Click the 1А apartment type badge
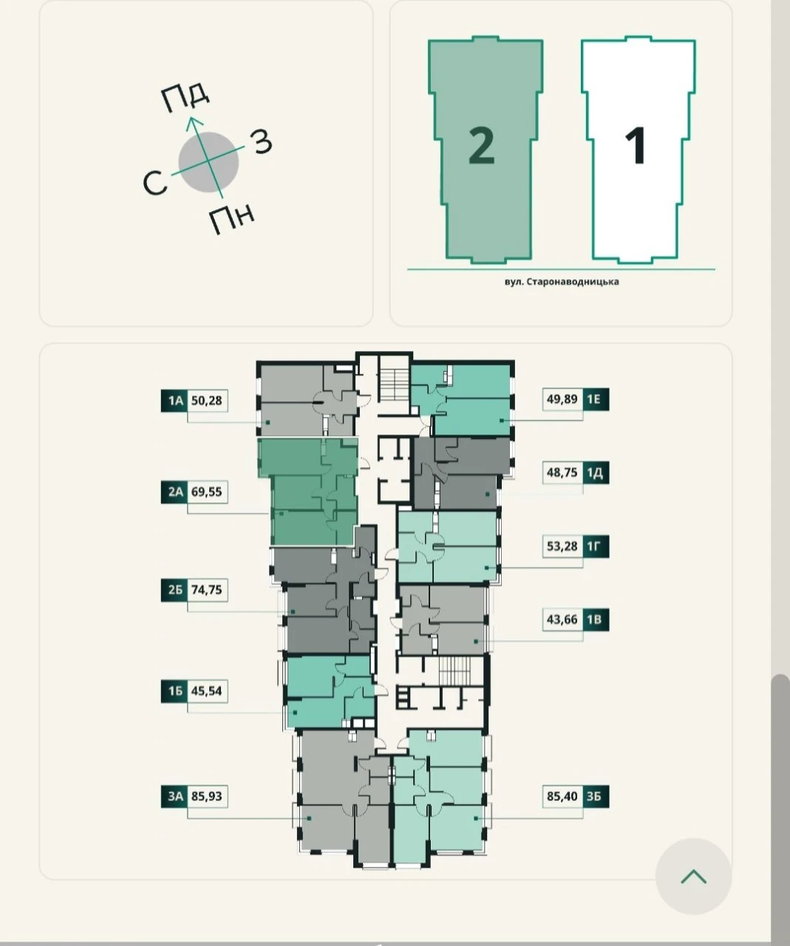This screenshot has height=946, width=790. pyautogui.click(x=174, y=401)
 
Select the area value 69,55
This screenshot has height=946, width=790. pyautogui.click(x=207, y=491)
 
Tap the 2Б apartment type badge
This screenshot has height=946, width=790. pyautogui.click(x=174, y=590)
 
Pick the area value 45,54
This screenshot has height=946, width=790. pyautogui.click(x=207, y=691)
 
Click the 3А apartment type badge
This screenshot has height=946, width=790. pyautogui.click(x=174, y=795)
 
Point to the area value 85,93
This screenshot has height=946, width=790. pyautogui.click(x=207, y=796)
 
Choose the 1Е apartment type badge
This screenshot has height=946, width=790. pyautogui.click(x=596, y=399)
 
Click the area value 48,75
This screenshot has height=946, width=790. pyautogui.click(x=562, y=472)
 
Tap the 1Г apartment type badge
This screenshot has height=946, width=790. pyautogui.click(x=596, y=546)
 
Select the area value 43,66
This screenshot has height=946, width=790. pyautogui.click(x=562, y=619)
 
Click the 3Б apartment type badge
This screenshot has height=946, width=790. pyautogui.click(x=596, y=796)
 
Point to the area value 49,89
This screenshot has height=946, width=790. pyautogui.click(x=562, y=399)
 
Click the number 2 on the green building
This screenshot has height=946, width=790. pyautogui.click(x=481, y=146)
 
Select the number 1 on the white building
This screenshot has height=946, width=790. pyautogui.click(x=636, y=146)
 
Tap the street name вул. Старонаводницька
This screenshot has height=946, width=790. pyautogui.click(x=562, y=282)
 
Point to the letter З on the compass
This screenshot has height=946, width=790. pyautogui.click(x=262, y=142)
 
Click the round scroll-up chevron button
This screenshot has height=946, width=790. pyautogui.click(x=693, y=877)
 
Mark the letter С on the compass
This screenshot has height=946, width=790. pyautogui.click(x=155, y=184)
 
